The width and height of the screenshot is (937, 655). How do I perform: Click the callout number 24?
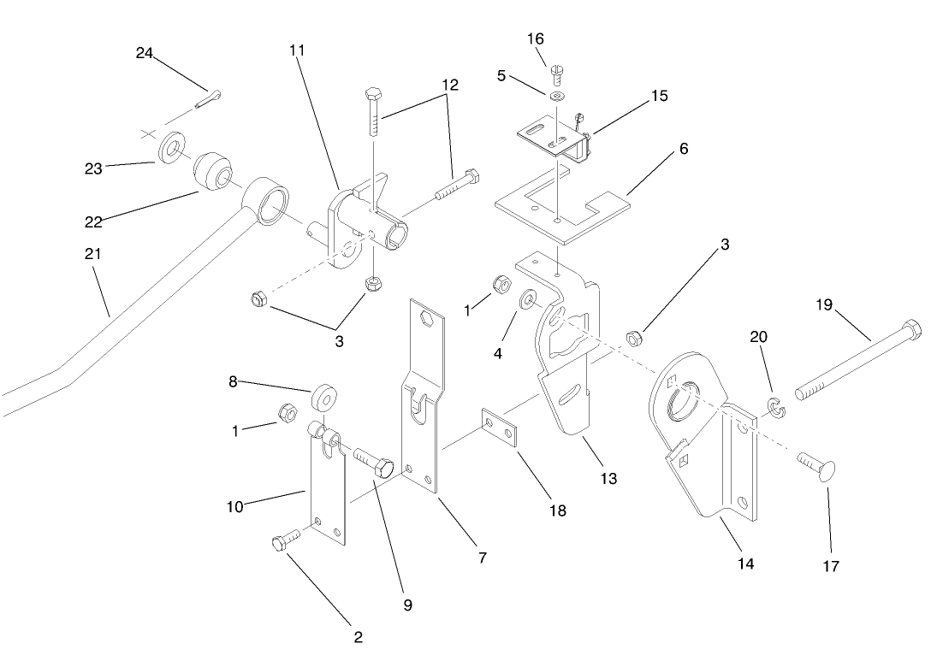pyautogui.click(x=144, y=53)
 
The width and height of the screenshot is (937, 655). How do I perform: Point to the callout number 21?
pyautogui.click(x=92, y=255)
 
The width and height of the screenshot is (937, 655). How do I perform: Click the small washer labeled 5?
pyautogui.click(x=557, y=95)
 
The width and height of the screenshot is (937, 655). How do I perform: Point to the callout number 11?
pyautogui.click(x=297, y=50)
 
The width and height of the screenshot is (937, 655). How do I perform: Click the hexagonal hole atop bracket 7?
pyautogui.click(x=428, y=320)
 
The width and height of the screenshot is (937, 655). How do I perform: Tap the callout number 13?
pyautogui.click(x=608, y=478)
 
